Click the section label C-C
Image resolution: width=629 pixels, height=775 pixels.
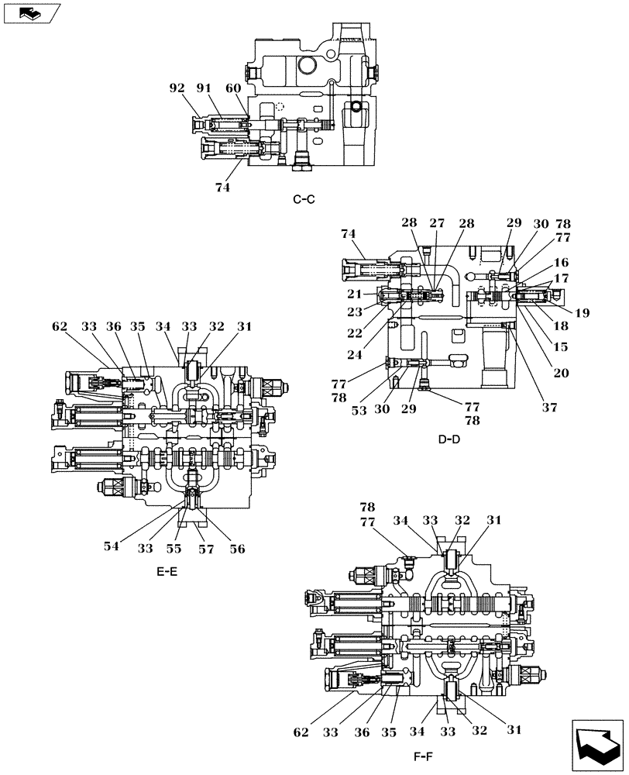click(304, 200)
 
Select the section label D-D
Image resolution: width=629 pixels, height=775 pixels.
click(449, 439)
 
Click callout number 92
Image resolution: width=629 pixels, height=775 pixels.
click(178, 88)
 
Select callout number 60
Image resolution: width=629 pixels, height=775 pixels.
click(233, 88)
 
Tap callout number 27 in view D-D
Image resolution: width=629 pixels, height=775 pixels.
click(437, 223)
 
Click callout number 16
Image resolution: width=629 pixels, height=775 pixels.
click(561, 263)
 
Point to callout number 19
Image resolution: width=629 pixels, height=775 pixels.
click(583, 313)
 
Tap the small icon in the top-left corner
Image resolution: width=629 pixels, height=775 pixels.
click(28, 12)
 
